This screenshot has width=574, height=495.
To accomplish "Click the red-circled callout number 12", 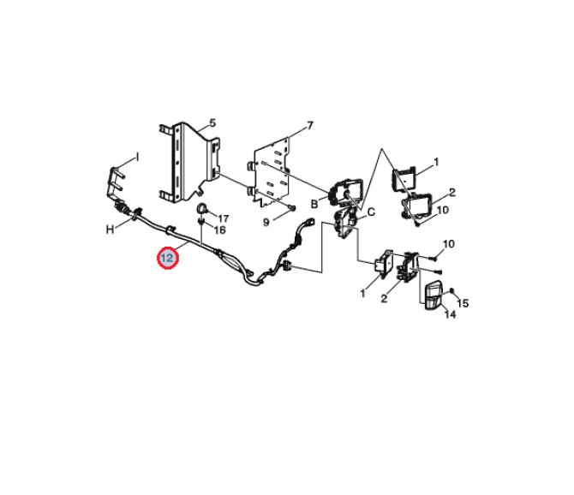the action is point(167,258).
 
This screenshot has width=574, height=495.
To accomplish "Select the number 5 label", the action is point(212,123).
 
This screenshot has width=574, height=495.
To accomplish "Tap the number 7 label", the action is point(310,126).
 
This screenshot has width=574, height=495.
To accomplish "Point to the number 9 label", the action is point(266,222).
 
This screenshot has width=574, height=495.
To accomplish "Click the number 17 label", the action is point(224,218).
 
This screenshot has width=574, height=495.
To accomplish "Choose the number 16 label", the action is point(219,230).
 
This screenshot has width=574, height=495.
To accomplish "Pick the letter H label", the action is point(110,230).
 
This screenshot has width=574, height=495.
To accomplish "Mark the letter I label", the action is point(137,158).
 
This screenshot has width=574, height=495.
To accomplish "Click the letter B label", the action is point(314,204).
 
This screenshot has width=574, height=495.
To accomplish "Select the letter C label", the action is point(371,212).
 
